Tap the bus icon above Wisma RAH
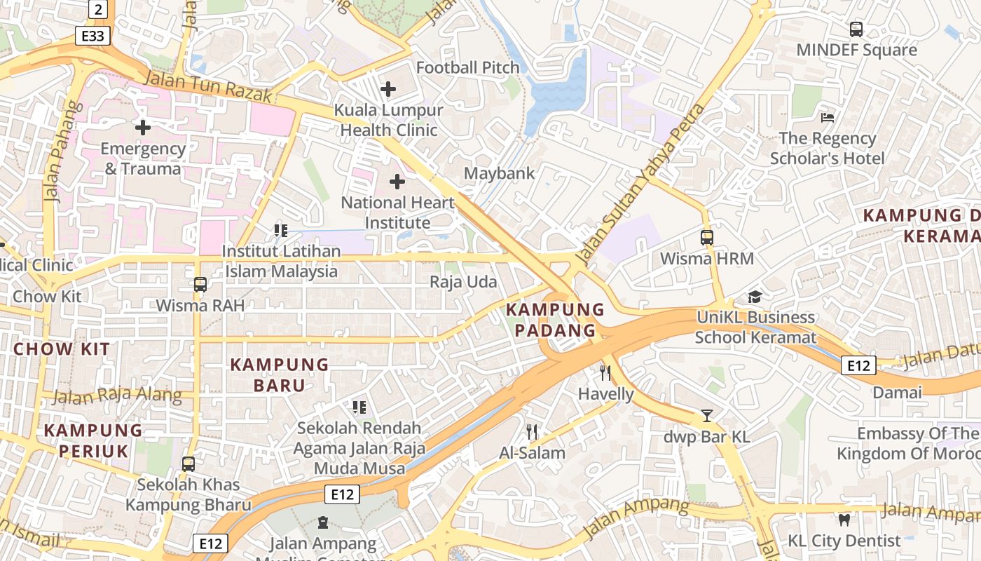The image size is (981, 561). tap(200, 285)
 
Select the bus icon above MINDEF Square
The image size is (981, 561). tap(856, 29)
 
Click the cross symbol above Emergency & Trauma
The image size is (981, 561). tap(143, 128)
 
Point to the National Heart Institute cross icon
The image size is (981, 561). tap(397, 182)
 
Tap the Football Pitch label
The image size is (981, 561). tap(467, 68)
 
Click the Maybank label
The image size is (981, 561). tap(499, 173)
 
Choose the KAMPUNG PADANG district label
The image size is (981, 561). tap(555, 320)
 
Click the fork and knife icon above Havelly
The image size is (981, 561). tap(605, 373)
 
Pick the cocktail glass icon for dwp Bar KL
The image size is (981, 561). tap(707, 416)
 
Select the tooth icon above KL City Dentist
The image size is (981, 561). tap(844, 520)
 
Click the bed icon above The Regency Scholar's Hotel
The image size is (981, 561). tap(828, 117)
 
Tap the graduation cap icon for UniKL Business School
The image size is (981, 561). tap(755, 297)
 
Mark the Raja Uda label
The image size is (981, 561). tap(463, 283)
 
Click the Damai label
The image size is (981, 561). tap(897, 392)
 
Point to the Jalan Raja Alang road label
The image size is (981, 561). tap(117, 396)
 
